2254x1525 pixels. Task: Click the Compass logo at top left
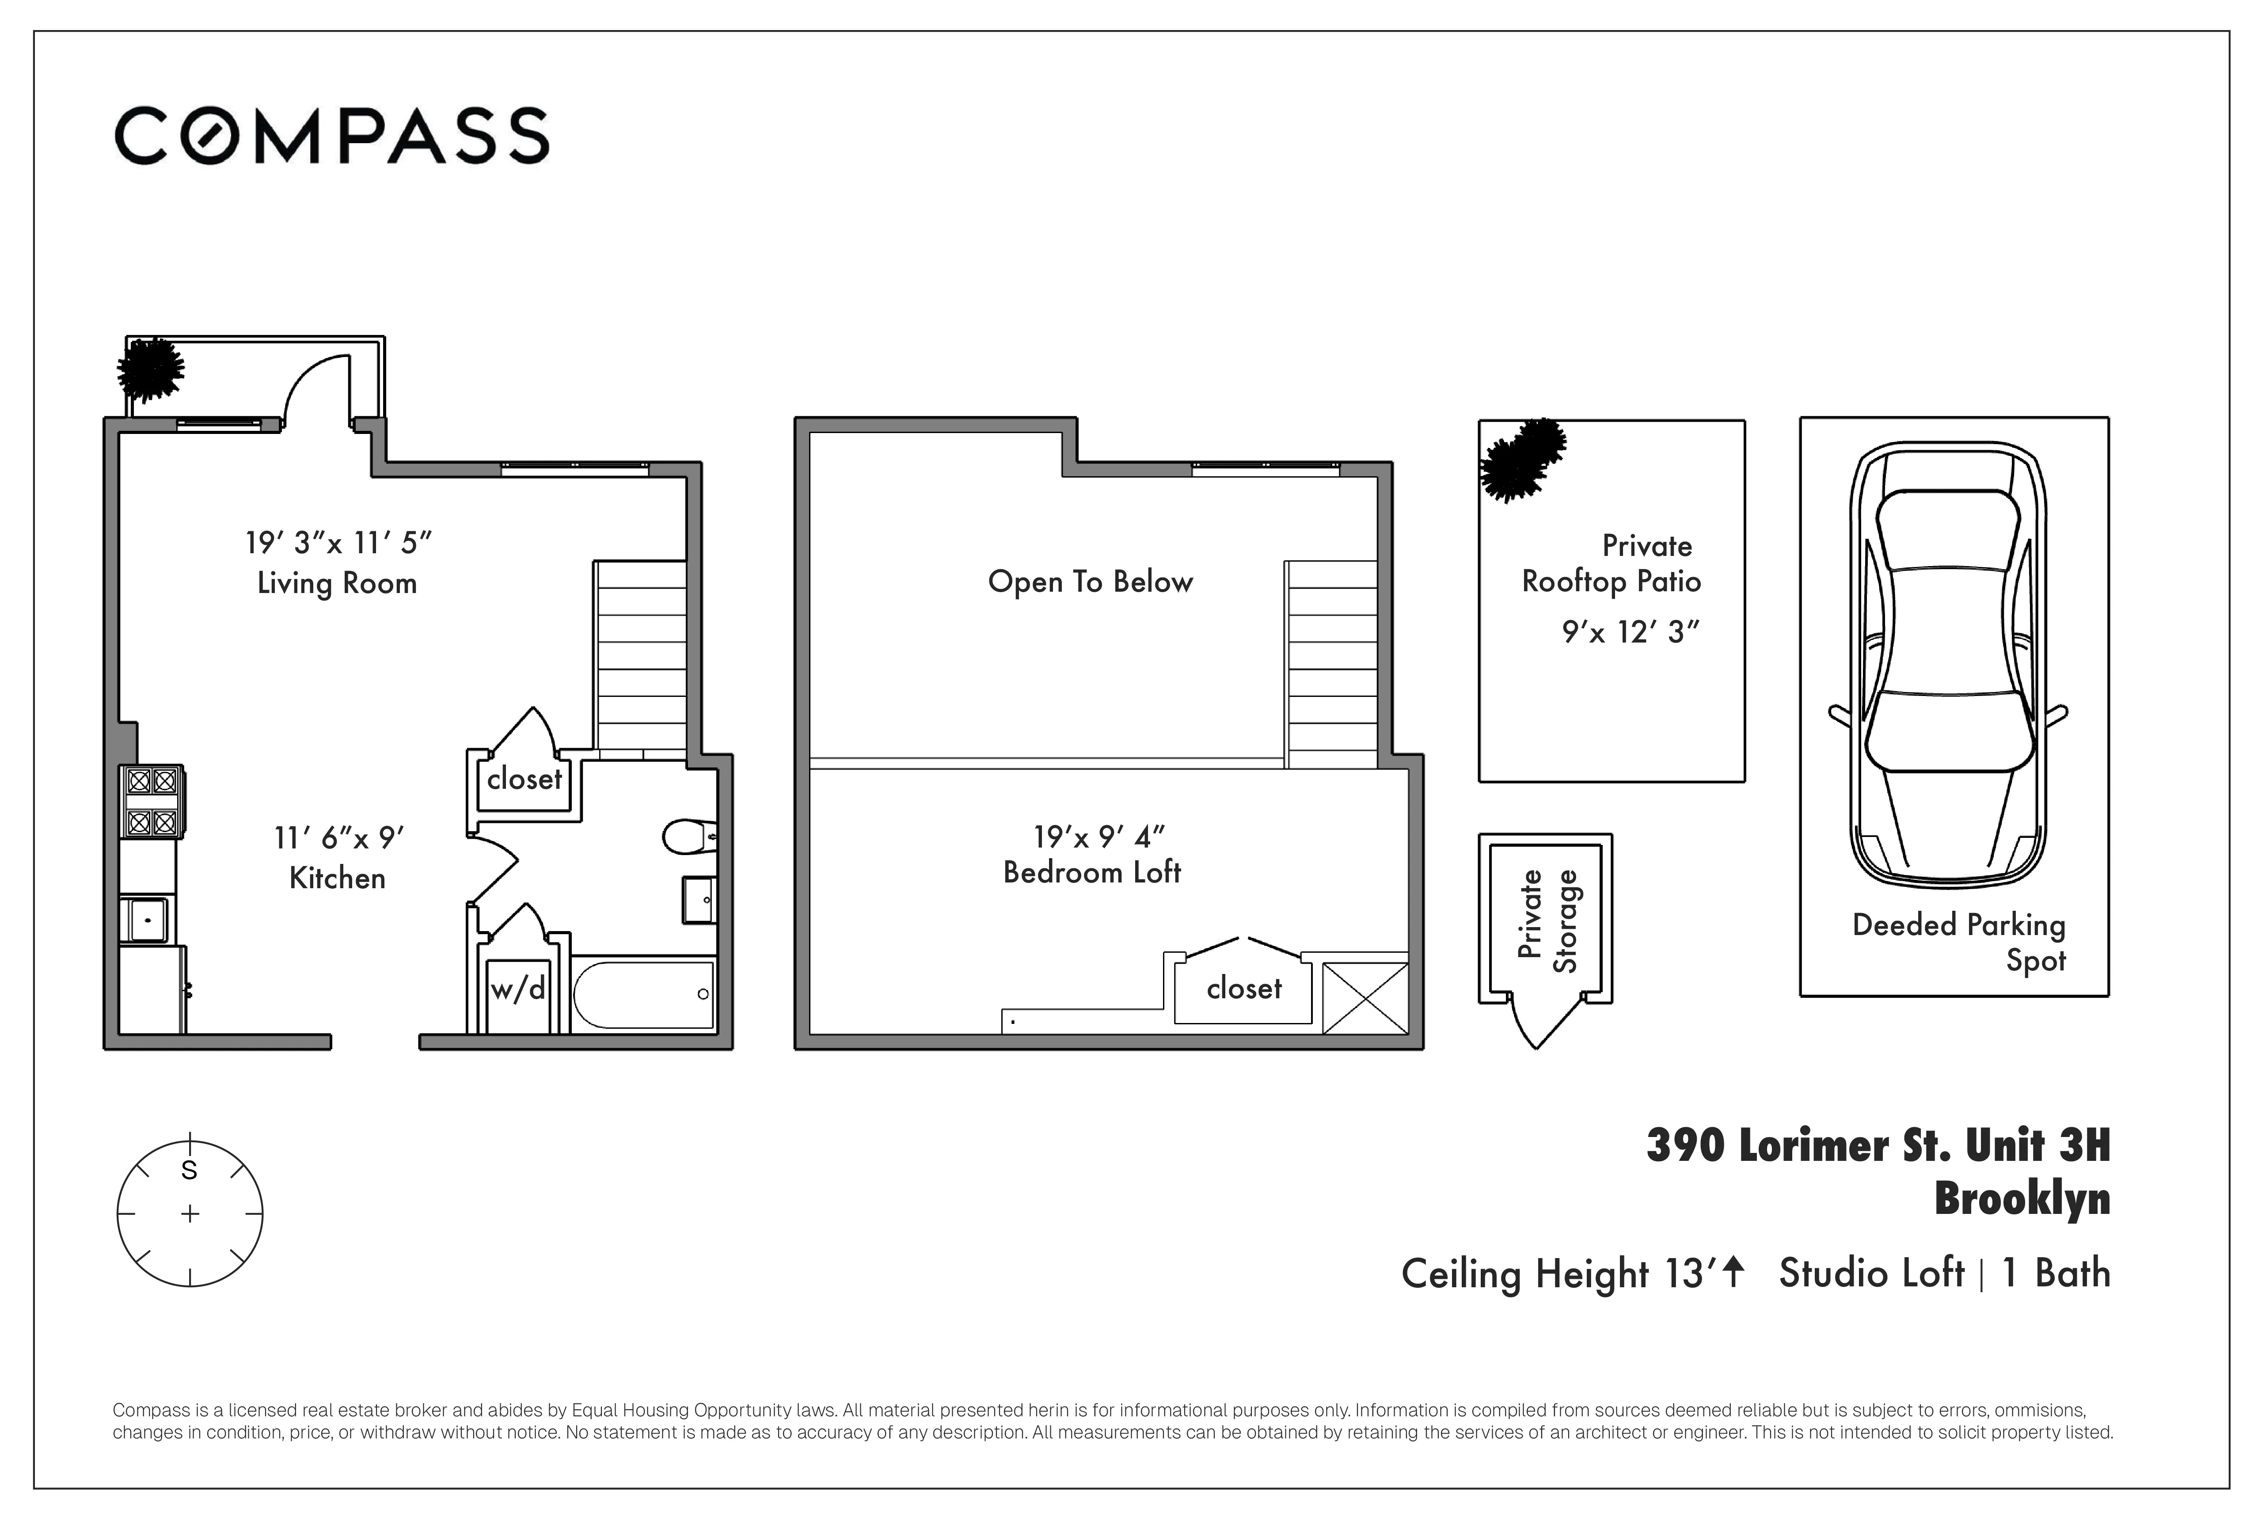click(332, 136)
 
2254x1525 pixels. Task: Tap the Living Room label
click(337, 583)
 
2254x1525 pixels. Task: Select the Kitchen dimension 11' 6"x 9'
click(338, 837)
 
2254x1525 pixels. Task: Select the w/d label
click(518, 989)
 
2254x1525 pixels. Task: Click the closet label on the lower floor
click(524, 779)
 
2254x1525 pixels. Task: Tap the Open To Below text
click(1090, 582)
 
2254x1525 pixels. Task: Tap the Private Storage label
click(1548, 920)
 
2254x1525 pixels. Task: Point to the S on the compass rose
click(189, 1171)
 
